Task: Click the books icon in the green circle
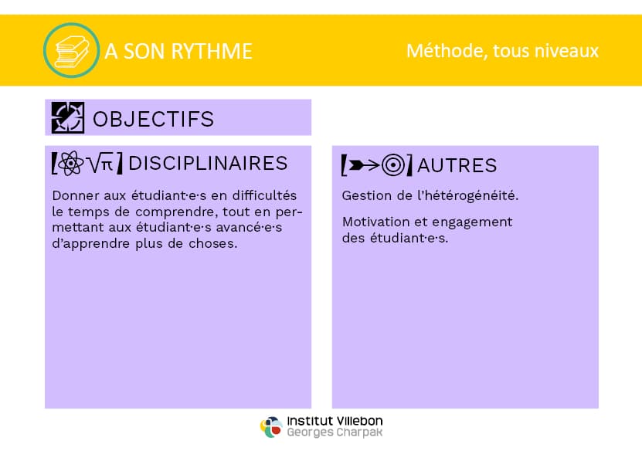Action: [72, 51]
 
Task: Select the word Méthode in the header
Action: [447, 51]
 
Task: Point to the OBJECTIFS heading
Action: [154, 119]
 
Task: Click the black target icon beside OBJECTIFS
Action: [68, 118]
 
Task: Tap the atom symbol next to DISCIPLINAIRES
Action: [70, 163]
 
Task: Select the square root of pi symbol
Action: [100, 164]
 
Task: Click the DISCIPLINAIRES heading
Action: [208, 164]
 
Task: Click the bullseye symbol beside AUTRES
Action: [392, 165]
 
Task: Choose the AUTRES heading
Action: [457, 165]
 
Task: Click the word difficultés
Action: [264, 195]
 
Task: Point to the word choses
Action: [213, 243]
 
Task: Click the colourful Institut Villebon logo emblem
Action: [271, 426]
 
